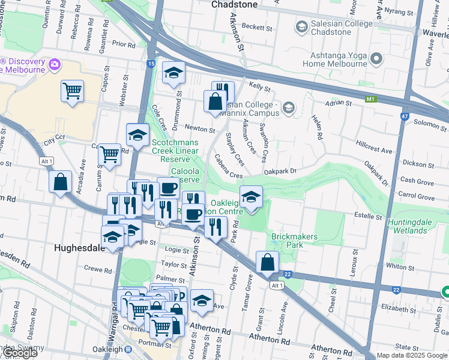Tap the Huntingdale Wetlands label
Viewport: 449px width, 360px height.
click(x=418, y=226)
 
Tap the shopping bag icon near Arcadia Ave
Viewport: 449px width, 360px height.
click(x=61, y=182)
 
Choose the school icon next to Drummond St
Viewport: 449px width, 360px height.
click(x=173, y=73)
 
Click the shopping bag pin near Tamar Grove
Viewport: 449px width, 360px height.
click(x=267, y=262)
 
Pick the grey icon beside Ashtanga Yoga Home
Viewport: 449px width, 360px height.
click(x=376, y=59)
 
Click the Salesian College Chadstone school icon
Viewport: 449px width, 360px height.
click(x=301, y=26)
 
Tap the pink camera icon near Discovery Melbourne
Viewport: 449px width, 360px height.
click(x=55, y=64)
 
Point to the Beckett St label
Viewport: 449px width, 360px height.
click(x=258, y=28)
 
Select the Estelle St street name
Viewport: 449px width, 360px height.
click(x=368, y=215)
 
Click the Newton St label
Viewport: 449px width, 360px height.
click(x=200, y=129)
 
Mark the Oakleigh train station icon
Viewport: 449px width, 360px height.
click(x=128, y=349)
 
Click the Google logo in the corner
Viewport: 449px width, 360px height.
click(x=19, y=353)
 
